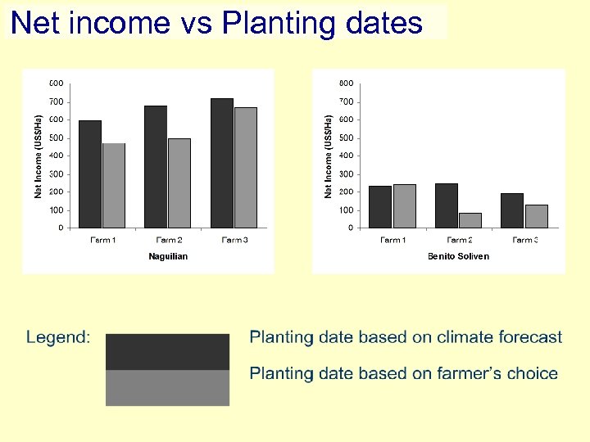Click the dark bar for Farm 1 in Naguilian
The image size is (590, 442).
90,174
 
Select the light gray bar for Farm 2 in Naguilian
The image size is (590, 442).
179,183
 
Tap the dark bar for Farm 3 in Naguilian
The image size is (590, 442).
222,163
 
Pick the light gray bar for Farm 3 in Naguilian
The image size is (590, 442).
246,168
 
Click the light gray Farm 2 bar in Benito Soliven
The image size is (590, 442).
470,220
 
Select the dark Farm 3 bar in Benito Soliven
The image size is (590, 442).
512,210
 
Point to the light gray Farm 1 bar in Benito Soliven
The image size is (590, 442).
405,206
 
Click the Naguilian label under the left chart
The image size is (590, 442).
168,256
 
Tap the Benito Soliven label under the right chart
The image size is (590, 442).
458,256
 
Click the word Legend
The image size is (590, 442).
58,337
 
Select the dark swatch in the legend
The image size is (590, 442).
167,352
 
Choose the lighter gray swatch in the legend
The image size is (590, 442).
167,388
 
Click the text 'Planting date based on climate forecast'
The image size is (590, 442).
406,337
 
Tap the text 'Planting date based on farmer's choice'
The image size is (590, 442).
403,374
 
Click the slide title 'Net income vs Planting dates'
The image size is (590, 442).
217,22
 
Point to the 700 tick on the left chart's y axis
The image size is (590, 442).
57,101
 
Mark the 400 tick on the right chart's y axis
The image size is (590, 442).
346,156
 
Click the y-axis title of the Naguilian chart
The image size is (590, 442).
38,156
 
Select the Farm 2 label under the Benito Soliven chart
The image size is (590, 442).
460,240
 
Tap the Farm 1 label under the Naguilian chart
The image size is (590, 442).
102,240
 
